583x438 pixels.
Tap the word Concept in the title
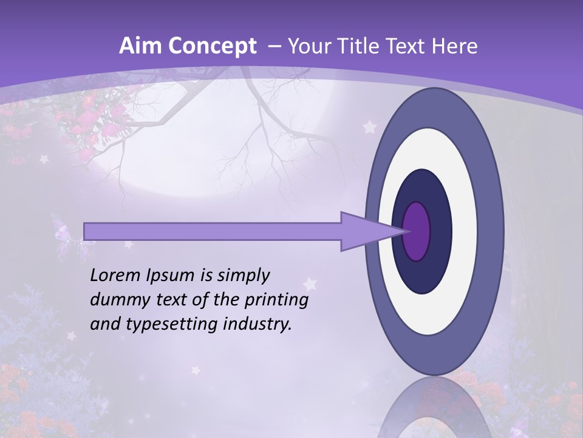[x=211, y=46]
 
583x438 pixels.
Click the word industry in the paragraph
[x=256, y=324]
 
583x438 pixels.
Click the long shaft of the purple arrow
[x=213, y=231]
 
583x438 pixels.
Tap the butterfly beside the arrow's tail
[x=63, y=232]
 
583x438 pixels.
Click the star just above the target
[x=369, y=128]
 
